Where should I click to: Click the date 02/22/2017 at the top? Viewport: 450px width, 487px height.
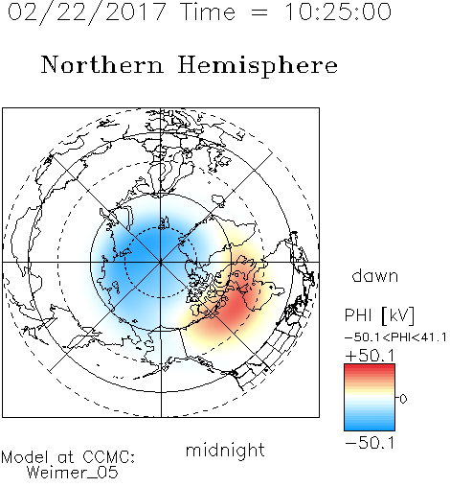(x=87, y=12)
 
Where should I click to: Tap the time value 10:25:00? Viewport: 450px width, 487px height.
(x=338, y=12)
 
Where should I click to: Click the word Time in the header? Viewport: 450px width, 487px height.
(x=208, y=12)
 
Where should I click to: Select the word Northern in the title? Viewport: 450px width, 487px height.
(x=102, y=65)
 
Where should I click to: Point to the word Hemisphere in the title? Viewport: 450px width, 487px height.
(x=258, y=66)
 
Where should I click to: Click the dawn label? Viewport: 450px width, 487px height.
(x=375, y=275)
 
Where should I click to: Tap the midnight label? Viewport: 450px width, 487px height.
(x=225, y=450)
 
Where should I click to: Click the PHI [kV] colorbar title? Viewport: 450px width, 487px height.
(x=379, y=315)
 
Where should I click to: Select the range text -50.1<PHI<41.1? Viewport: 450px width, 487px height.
(x=395, y=337)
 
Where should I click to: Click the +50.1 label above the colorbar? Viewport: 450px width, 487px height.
(x=370, y=356)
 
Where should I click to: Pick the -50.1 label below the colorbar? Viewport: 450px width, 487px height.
(x=370, y=443)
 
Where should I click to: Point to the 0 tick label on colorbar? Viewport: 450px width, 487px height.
(x=403, y=399)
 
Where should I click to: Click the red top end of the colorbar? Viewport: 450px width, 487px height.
(x=370, y=367)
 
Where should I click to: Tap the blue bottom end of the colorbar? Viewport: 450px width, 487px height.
(x=370, y=428)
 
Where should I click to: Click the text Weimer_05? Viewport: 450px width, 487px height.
(x=73, y=473)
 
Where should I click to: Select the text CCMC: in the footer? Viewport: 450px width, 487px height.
(x=108, y=457)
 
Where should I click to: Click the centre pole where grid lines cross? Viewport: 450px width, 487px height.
(x=161, y=263)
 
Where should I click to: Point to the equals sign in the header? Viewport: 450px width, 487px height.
(x=259, y=13)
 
